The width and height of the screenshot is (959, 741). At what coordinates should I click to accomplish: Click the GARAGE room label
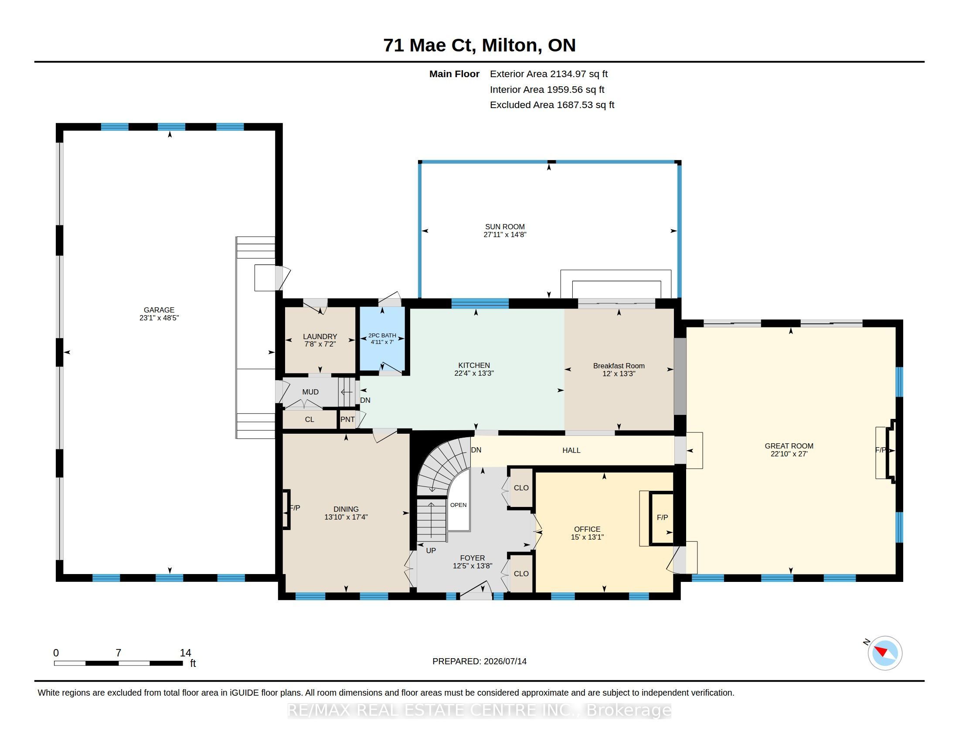click(x=159, y=310)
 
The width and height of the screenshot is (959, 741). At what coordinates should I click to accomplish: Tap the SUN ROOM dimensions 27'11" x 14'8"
click(x=505, y=235)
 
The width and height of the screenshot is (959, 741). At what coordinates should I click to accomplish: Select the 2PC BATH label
click(x=382, y=335)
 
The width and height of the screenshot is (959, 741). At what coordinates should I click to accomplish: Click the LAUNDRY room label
click(x=320, y=337)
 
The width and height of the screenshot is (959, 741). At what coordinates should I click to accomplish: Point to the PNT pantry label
click(x=347, y=419)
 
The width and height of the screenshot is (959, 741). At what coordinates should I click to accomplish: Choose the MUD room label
click(x=310, y=392)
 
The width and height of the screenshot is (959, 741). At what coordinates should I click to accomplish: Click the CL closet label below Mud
click(x=309, y=419)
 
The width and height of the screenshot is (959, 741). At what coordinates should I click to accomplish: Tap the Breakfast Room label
click(x=619, y=366)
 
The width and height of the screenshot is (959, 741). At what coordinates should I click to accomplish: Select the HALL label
click(x=571, y=450)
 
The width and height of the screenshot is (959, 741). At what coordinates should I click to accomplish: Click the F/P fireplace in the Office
click(x=662, y=517)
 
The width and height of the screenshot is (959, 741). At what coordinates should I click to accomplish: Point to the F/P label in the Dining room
click(x=295, y=508)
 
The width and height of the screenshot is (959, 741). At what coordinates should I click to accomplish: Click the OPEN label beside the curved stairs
click(x=459, y=505)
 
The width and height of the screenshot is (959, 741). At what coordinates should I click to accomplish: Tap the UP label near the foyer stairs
click(x=431, y=551)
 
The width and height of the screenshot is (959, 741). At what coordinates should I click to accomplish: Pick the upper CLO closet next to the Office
click(x=521, y=488)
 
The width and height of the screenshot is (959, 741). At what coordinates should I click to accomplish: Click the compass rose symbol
click(x=885, y=653)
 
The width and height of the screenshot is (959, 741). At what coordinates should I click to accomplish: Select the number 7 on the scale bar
click(x=118, y=653)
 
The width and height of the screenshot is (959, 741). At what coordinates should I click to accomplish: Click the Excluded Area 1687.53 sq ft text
click(x=552, y=105)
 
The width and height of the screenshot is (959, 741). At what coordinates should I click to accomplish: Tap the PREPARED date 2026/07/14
click(x=505, y=661)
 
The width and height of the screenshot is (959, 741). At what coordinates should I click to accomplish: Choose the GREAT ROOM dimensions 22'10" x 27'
click(x=789, y=454)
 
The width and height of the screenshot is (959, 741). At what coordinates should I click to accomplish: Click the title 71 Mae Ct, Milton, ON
click(x=479, y=45)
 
